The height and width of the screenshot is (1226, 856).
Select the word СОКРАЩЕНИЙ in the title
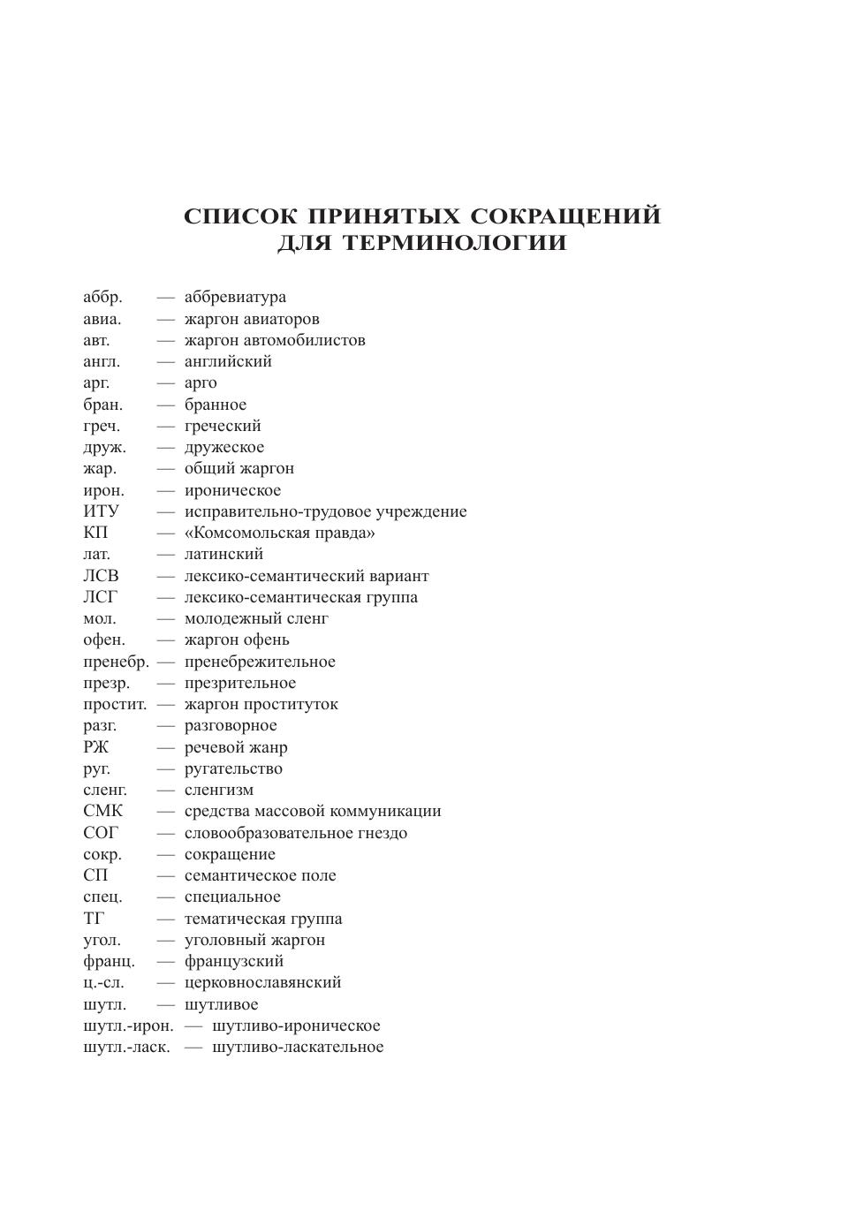coord(565,216)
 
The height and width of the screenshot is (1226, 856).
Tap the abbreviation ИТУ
coord(101,511)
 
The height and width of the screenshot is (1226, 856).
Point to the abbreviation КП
coord(95,533)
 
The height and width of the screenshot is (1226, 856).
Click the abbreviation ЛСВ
coord(101,576)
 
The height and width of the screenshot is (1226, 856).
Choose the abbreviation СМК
coord(103,811)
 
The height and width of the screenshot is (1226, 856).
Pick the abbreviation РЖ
coord(96,747)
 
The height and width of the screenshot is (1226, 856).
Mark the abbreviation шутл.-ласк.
coord(126,1047)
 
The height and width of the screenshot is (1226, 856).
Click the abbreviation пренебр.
coord(116,662)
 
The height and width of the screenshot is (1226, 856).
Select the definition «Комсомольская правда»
coord(279,533)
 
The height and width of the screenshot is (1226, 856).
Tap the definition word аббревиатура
coord(235,297)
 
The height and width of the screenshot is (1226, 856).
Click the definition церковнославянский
coord(262,982)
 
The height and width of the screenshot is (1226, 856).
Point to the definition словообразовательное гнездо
coord(296,833)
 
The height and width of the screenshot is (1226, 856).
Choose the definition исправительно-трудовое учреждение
coord(325,511)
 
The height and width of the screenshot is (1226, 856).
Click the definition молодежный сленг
coord(256,618)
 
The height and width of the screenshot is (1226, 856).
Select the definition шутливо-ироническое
coord(296,1025)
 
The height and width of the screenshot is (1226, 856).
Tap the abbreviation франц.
coord(109,961)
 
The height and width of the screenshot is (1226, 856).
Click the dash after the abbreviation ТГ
coord(165,919)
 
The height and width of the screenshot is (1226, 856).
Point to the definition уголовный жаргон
coord(254,940)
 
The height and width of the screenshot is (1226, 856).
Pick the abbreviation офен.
coord(104,639)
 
